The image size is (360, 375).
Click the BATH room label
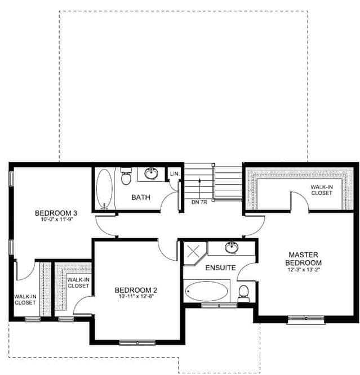[141, 197]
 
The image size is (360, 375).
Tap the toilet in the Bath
[126, 176]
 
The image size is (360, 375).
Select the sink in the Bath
[152, 173]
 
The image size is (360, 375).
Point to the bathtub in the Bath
[104, 189]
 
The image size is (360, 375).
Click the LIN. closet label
[175, 174]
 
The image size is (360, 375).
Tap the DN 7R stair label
[199, 202]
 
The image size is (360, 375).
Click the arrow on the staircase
[199, 189]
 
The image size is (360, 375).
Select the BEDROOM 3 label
[56, 213]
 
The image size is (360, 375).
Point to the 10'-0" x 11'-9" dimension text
[56, 219]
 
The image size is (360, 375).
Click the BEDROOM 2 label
[136, 290]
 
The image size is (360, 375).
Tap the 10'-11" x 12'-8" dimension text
[136, 296]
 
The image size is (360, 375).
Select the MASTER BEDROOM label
[303, 258]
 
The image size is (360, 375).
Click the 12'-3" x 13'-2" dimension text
[303, 270]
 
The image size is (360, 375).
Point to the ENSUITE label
[221, 268]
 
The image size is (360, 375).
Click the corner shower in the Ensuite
[194, 253]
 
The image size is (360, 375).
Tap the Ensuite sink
[232, 248]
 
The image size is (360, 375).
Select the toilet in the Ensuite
[244, 293]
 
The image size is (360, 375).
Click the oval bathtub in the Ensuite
[206, 291]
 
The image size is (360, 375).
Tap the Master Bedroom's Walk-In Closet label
[322, 190]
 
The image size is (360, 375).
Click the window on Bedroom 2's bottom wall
[137, 343]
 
